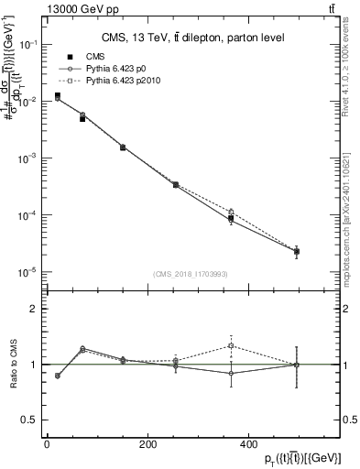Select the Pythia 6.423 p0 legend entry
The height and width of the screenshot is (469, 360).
tap(110, 69)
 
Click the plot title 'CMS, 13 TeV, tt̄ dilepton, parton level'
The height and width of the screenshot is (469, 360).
tap(192, 38)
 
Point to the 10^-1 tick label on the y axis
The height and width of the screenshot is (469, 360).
tap(27, 44)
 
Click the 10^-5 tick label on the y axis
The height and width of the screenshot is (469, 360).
tap(27, 272)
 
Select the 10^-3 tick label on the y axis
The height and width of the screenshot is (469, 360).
tap(27, 158)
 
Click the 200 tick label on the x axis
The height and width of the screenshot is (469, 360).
tap(147, 444)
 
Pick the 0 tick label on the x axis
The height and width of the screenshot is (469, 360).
tap(47, 444)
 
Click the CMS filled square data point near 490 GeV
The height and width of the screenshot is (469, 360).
tap(296, 251)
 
